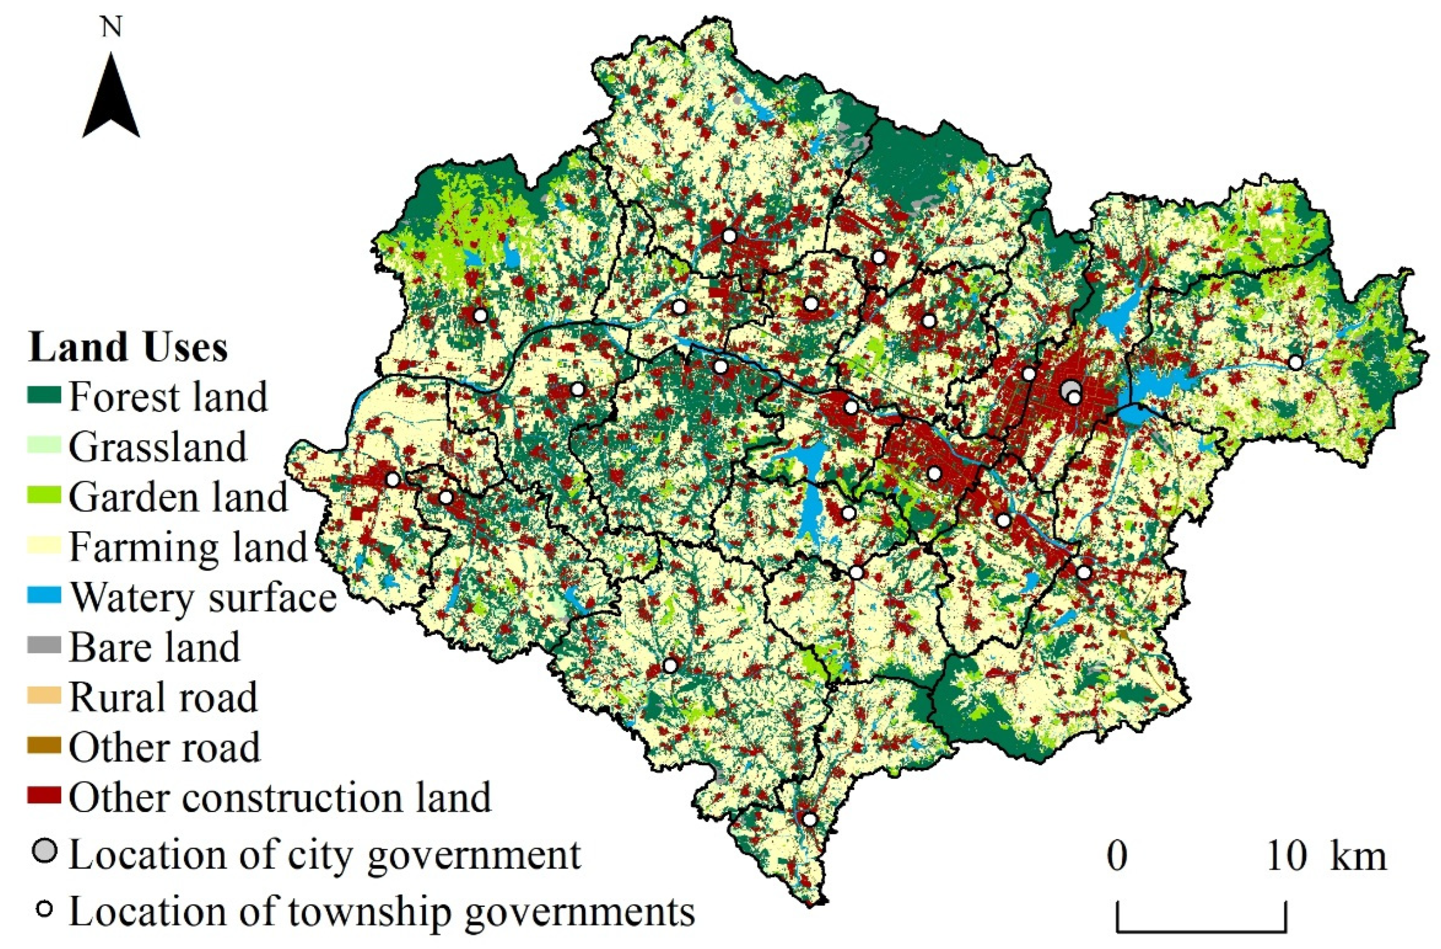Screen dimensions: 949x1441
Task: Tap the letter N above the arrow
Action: [x=111, y=27]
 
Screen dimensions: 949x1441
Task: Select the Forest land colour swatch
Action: [x=44, y=396]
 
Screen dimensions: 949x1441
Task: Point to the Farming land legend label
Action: [x=188, y=547]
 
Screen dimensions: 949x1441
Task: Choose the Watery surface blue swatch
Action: [x=44, y=597]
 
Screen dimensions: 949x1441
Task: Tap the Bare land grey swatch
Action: [x=44, y=646]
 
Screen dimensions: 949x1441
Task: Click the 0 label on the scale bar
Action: [x=1117, y=858]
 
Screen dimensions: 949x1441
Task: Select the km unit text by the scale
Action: [x=1358, y=858]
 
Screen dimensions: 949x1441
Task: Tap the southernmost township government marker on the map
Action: [x=810, y=819]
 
